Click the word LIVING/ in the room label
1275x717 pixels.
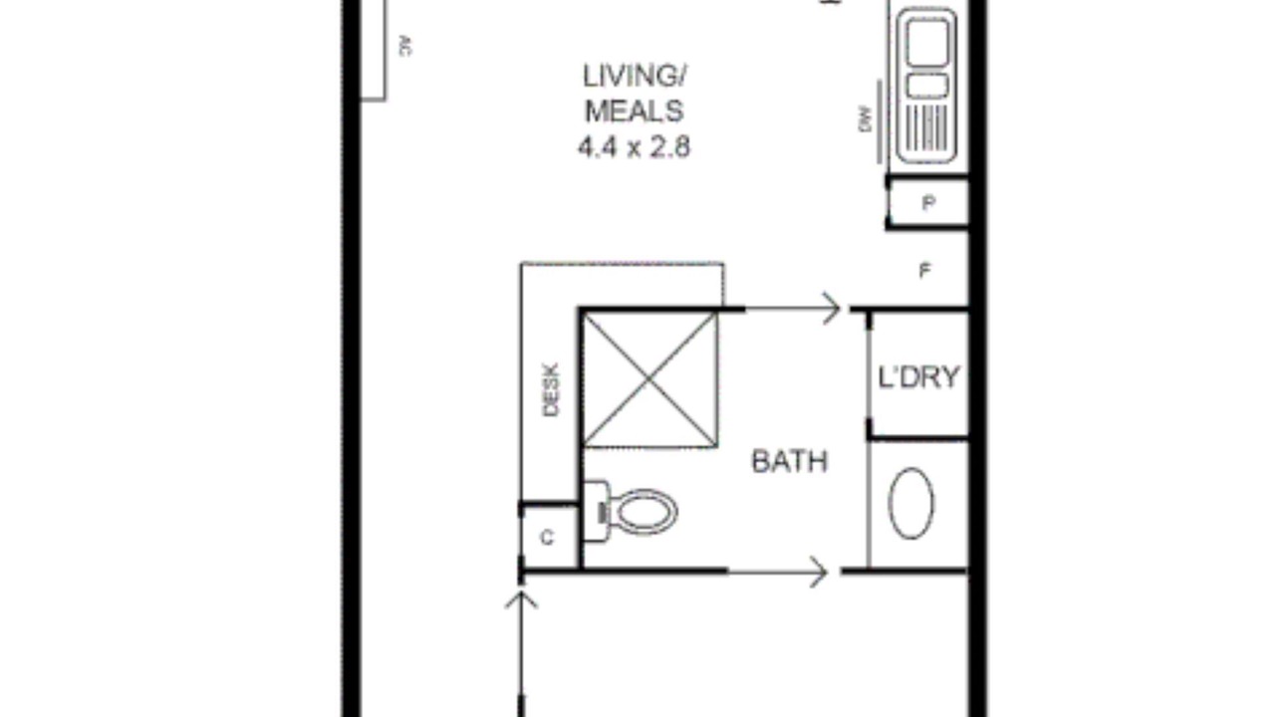635,76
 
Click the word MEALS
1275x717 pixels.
635,111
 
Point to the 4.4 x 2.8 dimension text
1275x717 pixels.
635,146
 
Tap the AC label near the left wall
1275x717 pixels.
405,46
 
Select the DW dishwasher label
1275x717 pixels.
866,119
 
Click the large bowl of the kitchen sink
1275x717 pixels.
927,42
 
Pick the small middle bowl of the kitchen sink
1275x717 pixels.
927,86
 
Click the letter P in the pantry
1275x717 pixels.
928,203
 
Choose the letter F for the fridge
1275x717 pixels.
925,271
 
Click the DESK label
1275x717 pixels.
551,389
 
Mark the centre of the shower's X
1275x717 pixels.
650,379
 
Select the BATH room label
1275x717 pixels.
790,461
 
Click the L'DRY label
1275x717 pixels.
919,377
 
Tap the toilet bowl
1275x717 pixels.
646,511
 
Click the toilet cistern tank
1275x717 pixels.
596,511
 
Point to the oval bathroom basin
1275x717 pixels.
911,504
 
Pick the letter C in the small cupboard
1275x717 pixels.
547,538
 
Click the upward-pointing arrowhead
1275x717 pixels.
521,600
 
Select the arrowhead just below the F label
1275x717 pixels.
832,309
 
